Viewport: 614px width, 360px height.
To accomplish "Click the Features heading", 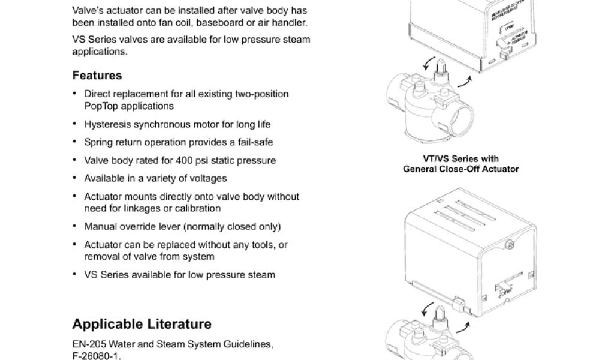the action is [x=97, y=76].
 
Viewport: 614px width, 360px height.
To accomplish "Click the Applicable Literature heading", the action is [x=142, y=324].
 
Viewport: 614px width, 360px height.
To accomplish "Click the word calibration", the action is [x=198, y=208].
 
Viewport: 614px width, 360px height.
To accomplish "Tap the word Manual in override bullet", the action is [x=100, y=226].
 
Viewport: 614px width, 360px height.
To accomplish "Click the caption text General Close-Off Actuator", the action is [x=460, y=169].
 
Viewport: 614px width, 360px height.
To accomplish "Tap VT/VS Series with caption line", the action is [x=460, y=159].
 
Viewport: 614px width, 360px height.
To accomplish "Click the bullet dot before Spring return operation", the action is [x=74, y=142].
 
